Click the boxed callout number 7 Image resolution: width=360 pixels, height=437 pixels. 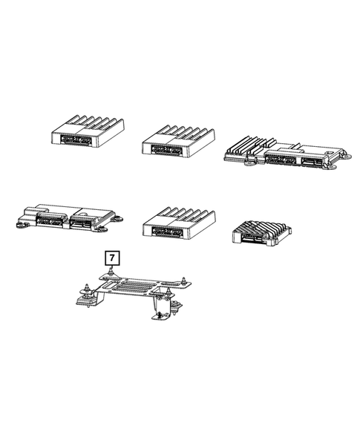[x=111, y=257]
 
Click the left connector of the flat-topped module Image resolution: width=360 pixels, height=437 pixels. [x=50, y=220]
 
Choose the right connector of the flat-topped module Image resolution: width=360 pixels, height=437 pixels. [x=81, y=220]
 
